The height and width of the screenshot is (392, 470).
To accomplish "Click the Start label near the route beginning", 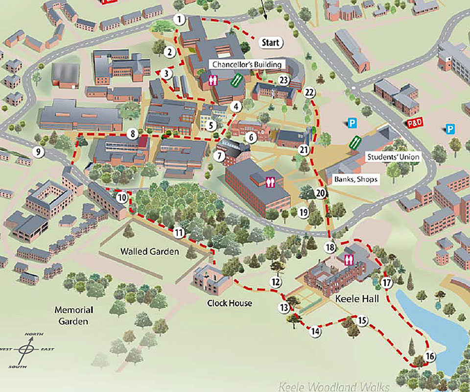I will coord(270,43).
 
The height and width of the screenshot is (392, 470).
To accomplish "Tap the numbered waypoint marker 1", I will coord(180,20).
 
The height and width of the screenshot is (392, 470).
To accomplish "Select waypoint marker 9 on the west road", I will coord(38,152).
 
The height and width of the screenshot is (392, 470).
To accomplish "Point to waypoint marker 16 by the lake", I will coord(430,356).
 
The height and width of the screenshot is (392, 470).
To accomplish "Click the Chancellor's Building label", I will coord(247,65).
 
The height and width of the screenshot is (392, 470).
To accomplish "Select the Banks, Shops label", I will coord(356,179).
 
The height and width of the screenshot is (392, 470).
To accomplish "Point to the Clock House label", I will coord(229,303).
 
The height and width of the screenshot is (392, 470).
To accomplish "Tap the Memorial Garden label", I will coord(74,316).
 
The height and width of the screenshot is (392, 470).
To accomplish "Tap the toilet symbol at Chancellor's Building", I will coord(213,80).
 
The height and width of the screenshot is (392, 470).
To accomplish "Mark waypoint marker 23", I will coord(283,80).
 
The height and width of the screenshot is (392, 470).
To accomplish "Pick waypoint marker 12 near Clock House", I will coord(276,282).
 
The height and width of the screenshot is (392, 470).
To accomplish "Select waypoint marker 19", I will coord(304,212).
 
